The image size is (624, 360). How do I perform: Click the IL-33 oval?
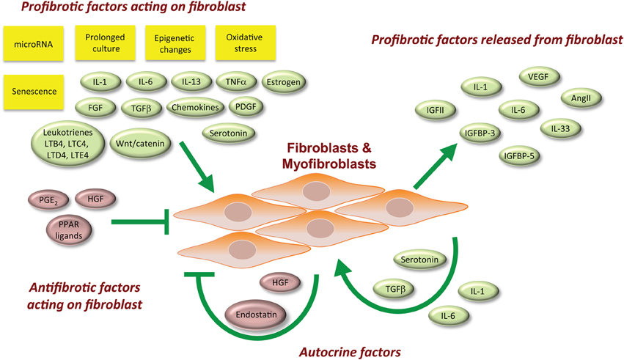[x=562, y=129]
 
